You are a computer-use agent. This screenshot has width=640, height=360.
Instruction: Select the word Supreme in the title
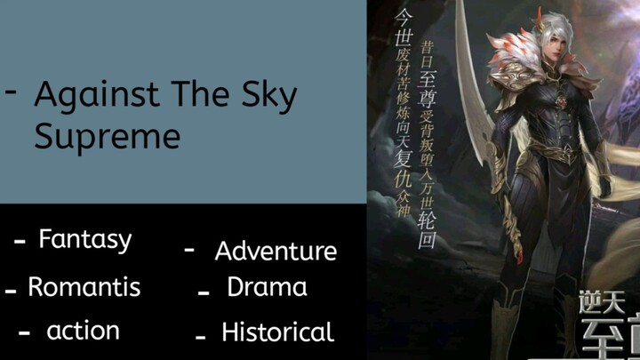click(107, 136)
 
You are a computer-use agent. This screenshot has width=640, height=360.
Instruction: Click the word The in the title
click(195, 94)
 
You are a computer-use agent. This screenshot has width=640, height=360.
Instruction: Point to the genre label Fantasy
click(85, 239)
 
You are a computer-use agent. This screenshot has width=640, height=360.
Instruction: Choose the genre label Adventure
click(276, 252)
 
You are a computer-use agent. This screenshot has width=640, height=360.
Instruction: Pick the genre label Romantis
click(84, 287)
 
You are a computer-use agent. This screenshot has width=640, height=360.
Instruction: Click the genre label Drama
click(267, 287)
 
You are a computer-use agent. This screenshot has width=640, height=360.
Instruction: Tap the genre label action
click(83, 331)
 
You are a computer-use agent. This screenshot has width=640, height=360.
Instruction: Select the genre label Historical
click(277, 332)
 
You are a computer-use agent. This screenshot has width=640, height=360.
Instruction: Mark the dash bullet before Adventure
click(189, 251)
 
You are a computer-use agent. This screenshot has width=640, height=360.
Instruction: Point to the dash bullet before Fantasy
click(20, 242)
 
